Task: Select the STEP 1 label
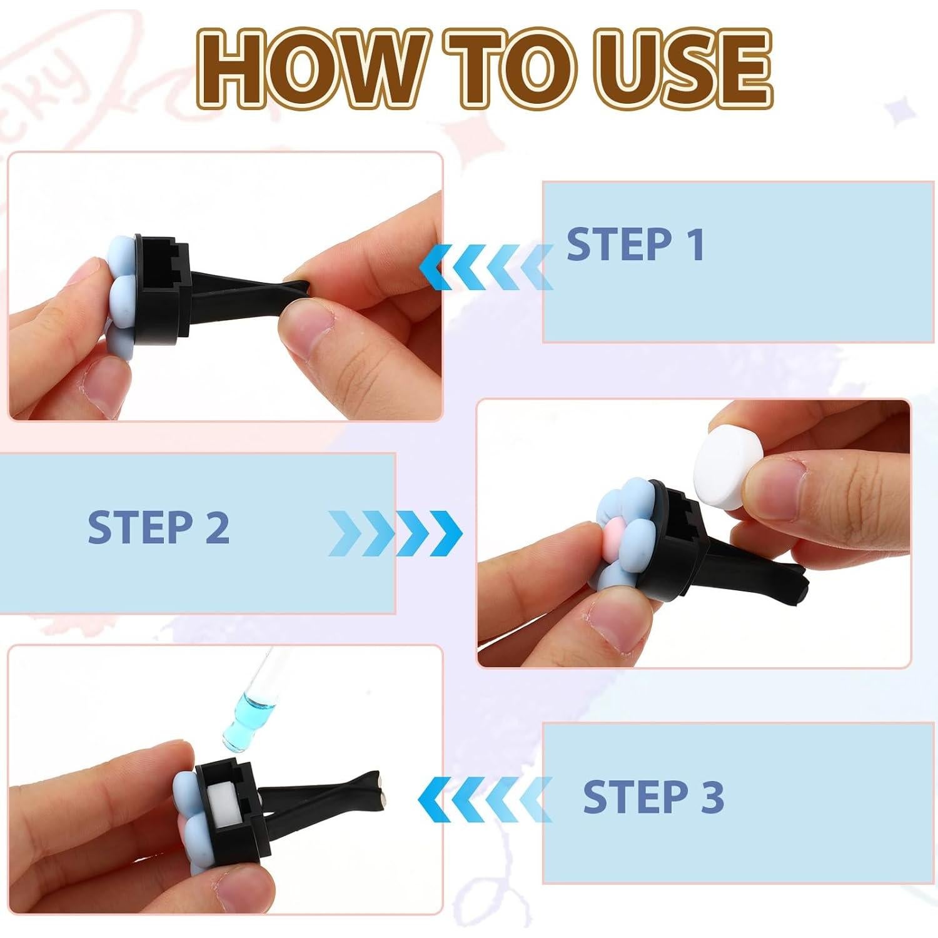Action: [x=636, y=244]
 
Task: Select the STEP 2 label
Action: [x=158, y=527]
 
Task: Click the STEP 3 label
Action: [x=653, y=797]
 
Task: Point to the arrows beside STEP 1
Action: [x=485, y=268]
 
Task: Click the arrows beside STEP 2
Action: [x=395, y=533]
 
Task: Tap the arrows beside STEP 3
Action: [x=485, y=799]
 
